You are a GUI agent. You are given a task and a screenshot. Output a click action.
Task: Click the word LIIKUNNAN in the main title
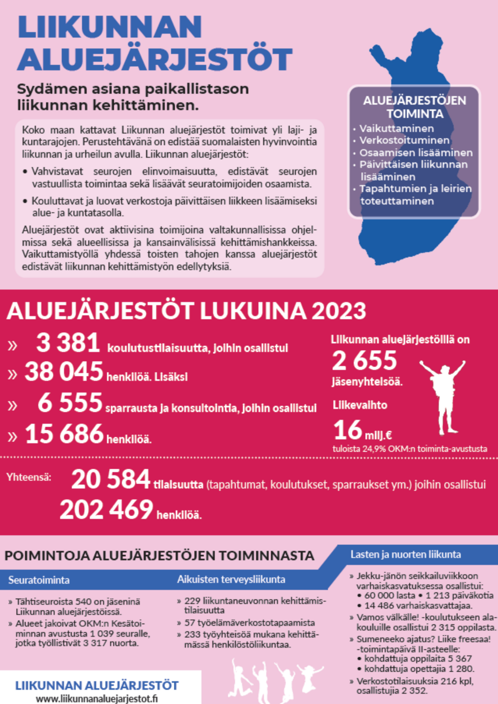point(110,27)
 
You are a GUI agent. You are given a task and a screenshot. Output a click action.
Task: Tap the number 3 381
point(68,343)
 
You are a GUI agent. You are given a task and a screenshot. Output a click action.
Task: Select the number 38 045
point(63,371)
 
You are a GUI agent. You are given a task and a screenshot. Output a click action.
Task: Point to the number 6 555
point(70,403)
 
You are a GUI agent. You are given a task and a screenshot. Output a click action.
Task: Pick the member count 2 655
point(364,361)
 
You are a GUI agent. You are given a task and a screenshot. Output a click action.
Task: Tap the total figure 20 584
point(110,480)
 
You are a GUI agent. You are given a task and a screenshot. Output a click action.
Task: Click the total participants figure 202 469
point(106,510)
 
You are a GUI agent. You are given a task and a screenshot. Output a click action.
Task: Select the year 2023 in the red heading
point(339,311)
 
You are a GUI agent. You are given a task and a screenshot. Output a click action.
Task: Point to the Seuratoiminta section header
point(39,580)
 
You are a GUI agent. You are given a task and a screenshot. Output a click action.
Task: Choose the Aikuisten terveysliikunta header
point(231,580)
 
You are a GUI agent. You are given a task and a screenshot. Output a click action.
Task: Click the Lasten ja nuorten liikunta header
point(405,555)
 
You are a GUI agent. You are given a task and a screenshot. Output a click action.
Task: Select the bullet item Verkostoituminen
point(404,141)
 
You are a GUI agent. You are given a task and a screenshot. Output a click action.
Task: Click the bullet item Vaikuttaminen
point(397,129)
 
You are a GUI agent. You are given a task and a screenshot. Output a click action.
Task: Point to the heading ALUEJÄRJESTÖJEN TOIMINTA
point(414,107)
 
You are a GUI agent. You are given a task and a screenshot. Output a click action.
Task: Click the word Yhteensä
point(29,477)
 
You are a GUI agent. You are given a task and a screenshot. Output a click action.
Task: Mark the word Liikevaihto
point(360,405)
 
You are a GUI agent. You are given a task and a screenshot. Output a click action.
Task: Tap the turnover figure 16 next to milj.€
point(348,430)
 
